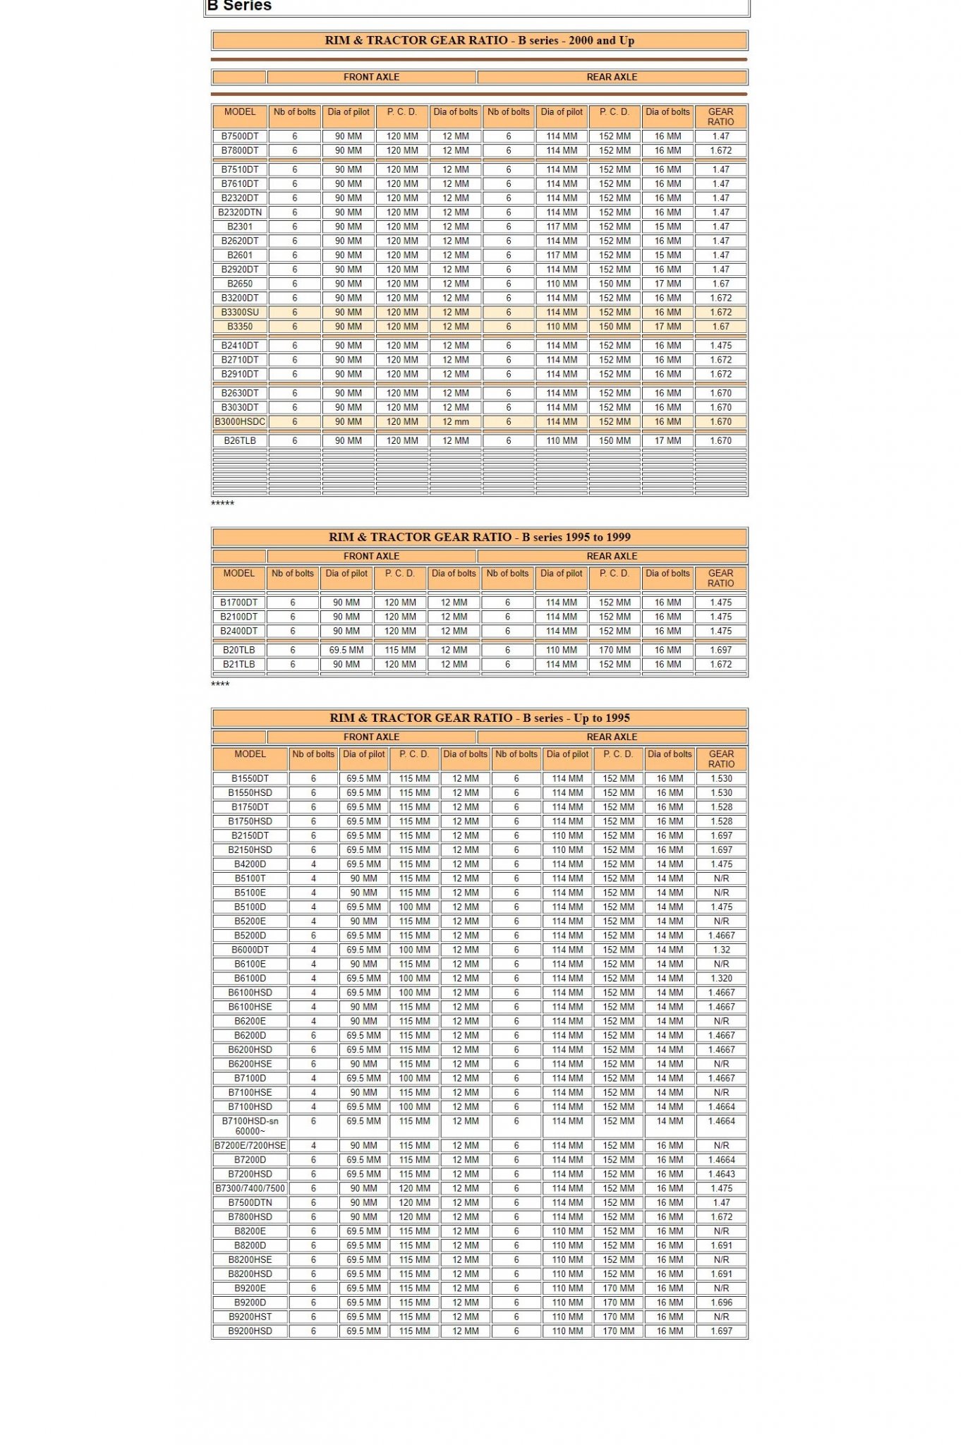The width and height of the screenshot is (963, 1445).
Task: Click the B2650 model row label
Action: pyautogui.click(x=240, y=284)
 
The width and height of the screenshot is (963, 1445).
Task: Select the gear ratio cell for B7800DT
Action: pyautogui.click(x=720, y=150)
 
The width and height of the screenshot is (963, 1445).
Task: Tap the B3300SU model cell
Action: pyautogui.click(x=240, y=312)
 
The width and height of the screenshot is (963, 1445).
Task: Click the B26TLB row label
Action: pyautogui.click(x=240, y=440)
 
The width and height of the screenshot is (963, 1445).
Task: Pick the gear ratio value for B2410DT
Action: pyautogui.click(x=720, y=346)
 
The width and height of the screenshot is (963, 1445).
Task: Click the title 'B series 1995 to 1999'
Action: pyautogui.click(x=479, y=537)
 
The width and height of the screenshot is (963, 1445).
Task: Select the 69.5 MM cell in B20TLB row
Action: pyautogui.click(x=346, y=650)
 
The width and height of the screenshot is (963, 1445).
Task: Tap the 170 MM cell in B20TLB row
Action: pyautogui.click(x=614, y=650)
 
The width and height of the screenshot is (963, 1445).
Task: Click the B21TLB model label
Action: pyautogui.click(x=238, y=664)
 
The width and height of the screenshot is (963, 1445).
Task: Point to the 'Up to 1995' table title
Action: pyautogui.click(x=479, y=718)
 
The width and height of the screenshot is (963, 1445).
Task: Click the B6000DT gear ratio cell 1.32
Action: pyautogui.click(x=721, y=950)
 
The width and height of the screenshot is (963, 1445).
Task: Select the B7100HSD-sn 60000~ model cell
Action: pyautogui.click(x=250, y=1125)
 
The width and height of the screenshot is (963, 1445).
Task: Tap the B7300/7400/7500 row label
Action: pyautogui.click(x=250, y=1188)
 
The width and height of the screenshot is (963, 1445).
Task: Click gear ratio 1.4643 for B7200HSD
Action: pyautogui.click(x=721, y=1174)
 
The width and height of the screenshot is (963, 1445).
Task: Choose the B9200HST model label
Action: pyautogui.click(x=250, y=1317)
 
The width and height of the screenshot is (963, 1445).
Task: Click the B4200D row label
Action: pyautogui.click(x=250, y=864)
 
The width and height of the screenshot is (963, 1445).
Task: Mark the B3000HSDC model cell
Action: pyautogui.click(x=240, y=421)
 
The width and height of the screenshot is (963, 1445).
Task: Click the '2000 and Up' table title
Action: pyautogui.click(x=479, y=40)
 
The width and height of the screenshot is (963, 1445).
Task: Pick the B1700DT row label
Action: pyautogui.click(x=238, y=603)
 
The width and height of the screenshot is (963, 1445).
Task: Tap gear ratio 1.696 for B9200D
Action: pyautogui.click(x=721, y=1302)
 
